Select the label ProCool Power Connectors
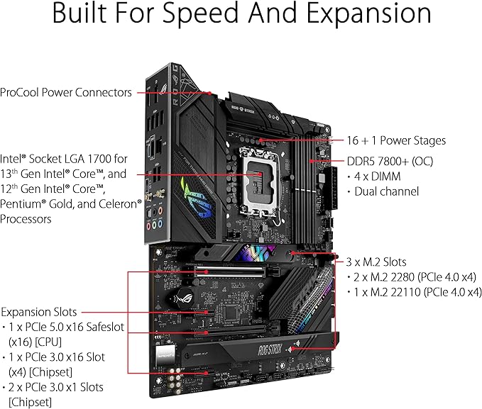(66, 92)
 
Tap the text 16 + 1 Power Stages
(405, 140)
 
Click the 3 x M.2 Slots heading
(376, 262)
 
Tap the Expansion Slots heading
(38, 312)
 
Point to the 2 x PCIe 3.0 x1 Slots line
(56, 387)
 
